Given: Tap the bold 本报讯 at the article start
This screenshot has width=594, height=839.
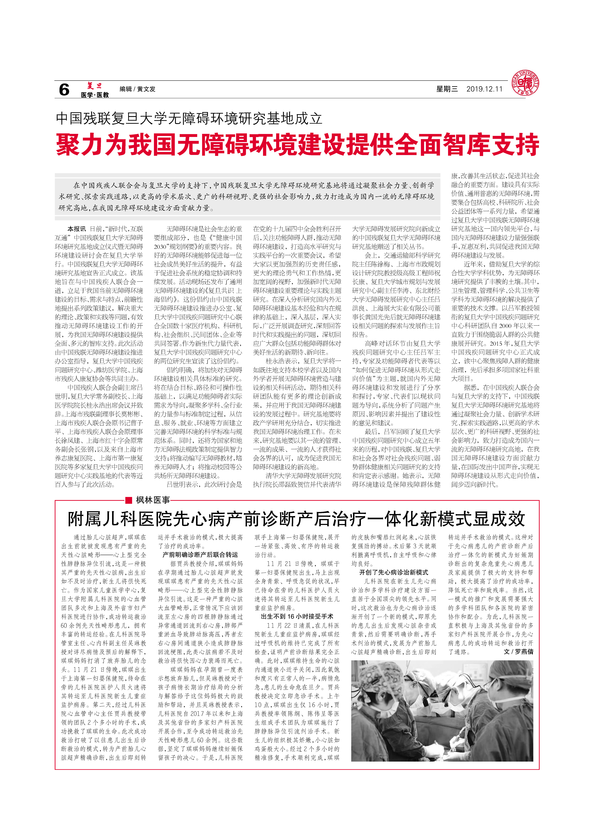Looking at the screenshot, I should (x=76, y=229).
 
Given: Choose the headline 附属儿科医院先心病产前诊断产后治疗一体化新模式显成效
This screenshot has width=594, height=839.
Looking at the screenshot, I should (x=296, y=519).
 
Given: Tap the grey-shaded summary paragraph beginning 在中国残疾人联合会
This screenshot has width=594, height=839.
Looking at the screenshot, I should (x=247, y=197).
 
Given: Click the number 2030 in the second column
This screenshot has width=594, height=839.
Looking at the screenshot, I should (x=160, y=247).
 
